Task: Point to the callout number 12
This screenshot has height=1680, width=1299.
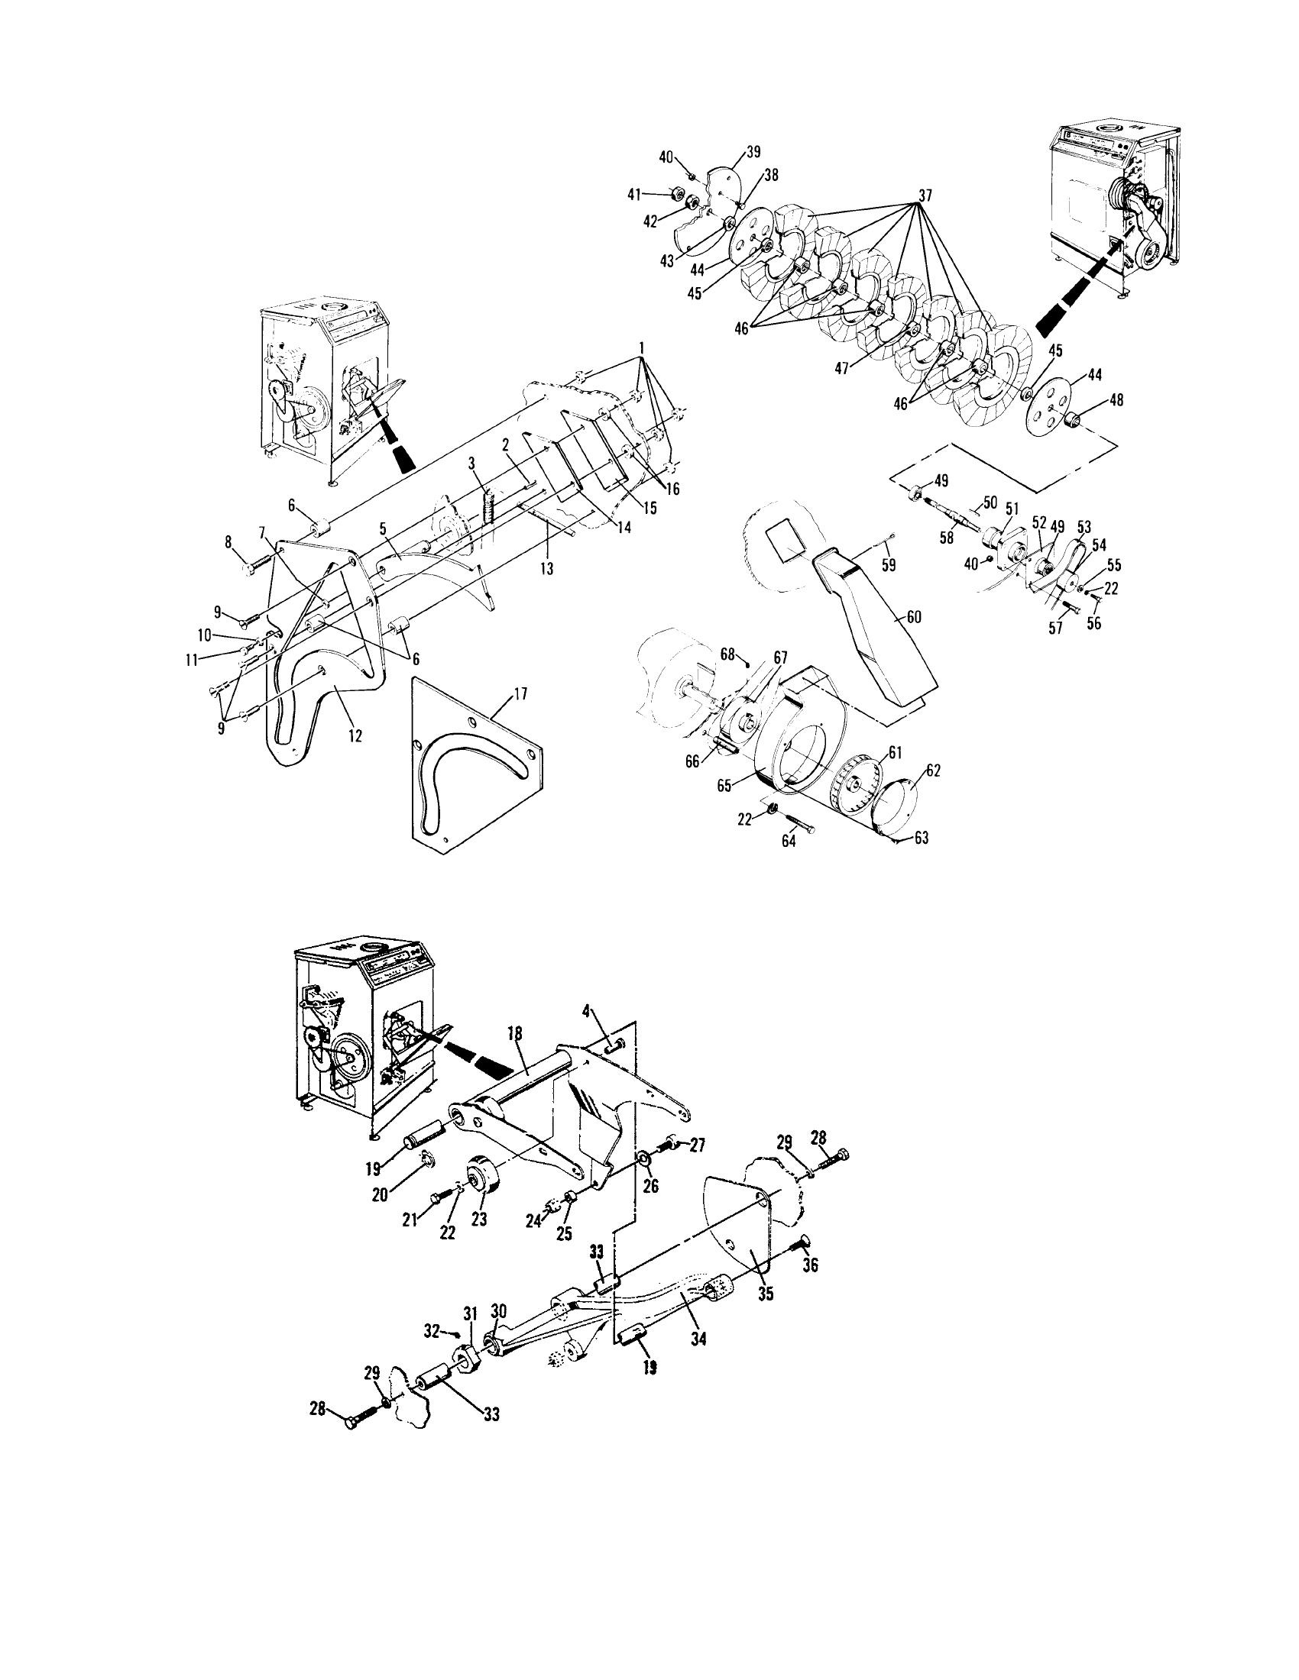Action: point(355,735)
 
